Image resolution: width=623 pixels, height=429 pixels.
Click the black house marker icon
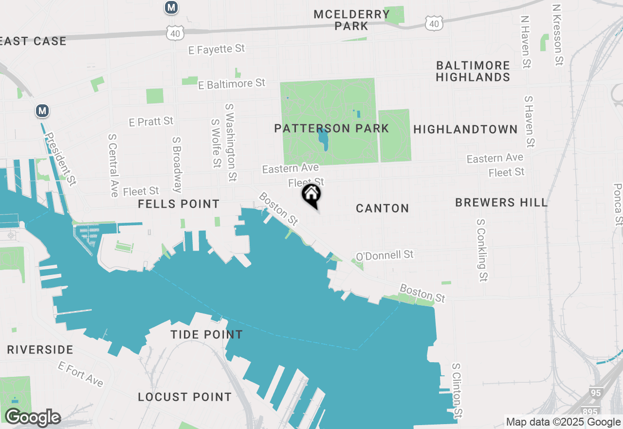[311, 195]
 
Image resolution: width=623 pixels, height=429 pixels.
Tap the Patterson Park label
[331, 129]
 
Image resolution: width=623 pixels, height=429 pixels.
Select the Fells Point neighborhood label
[179, 204]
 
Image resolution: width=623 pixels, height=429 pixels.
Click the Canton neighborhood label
[383, 209]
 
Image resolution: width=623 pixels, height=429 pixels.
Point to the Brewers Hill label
[501, 203]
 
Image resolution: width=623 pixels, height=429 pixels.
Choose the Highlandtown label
[465, 129]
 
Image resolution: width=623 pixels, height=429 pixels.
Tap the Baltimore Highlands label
[473, 71]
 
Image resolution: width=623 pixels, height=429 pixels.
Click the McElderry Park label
[351, 20]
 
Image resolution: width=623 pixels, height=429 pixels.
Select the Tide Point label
[206, 335]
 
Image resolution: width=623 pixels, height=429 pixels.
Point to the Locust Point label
[184, 397]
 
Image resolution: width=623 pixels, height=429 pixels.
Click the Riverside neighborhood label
[40, 350]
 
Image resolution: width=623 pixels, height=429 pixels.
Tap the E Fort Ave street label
[81, 374]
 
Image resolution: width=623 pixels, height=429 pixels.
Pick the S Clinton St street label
[457, 390]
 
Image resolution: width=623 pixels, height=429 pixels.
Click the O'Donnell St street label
[385, 255]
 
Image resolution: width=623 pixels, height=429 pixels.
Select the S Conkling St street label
[481, 250]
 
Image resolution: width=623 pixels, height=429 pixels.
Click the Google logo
[33, 417]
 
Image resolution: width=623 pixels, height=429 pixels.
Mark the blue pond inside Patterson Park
[323, 139]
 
